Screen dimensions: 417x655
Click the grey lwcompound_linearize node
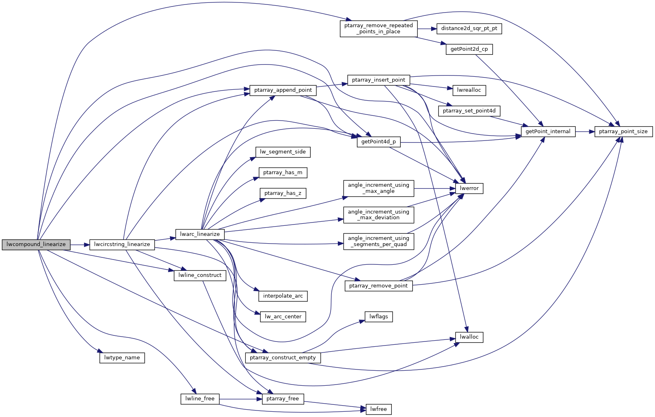36,244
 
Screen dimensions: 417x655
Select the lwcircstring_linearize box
122,244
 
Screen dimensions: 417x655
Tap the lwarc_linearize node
200,234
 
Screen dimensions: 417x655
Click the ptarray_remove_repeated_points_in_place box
378,28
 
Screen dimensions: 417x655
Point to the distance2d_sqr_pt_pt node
469,28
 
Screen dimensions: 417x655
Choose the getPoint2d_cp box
469,49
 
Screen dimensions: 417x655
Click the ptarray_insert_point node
378,80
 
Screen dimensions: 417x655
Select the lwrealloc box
469,90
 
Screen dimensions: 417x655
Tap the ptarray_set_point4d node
469,111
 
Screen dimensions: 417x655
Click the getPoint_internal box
548,132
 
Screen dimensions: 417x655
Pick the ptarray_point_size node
623,132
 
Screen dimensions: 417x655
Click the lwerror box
469,188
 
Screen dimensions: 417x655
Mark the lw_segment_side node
283,152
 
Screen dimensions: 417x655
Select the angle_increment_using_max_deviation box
378,215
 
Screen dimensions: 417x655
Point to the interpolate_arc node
283,296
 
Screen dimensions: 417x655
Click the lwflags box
379,317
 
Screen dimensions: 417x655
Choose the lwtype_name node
122,358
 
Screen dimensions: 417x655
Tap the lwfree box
379,409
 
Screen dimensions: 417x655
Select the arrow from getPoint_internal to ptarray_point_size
585,132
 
